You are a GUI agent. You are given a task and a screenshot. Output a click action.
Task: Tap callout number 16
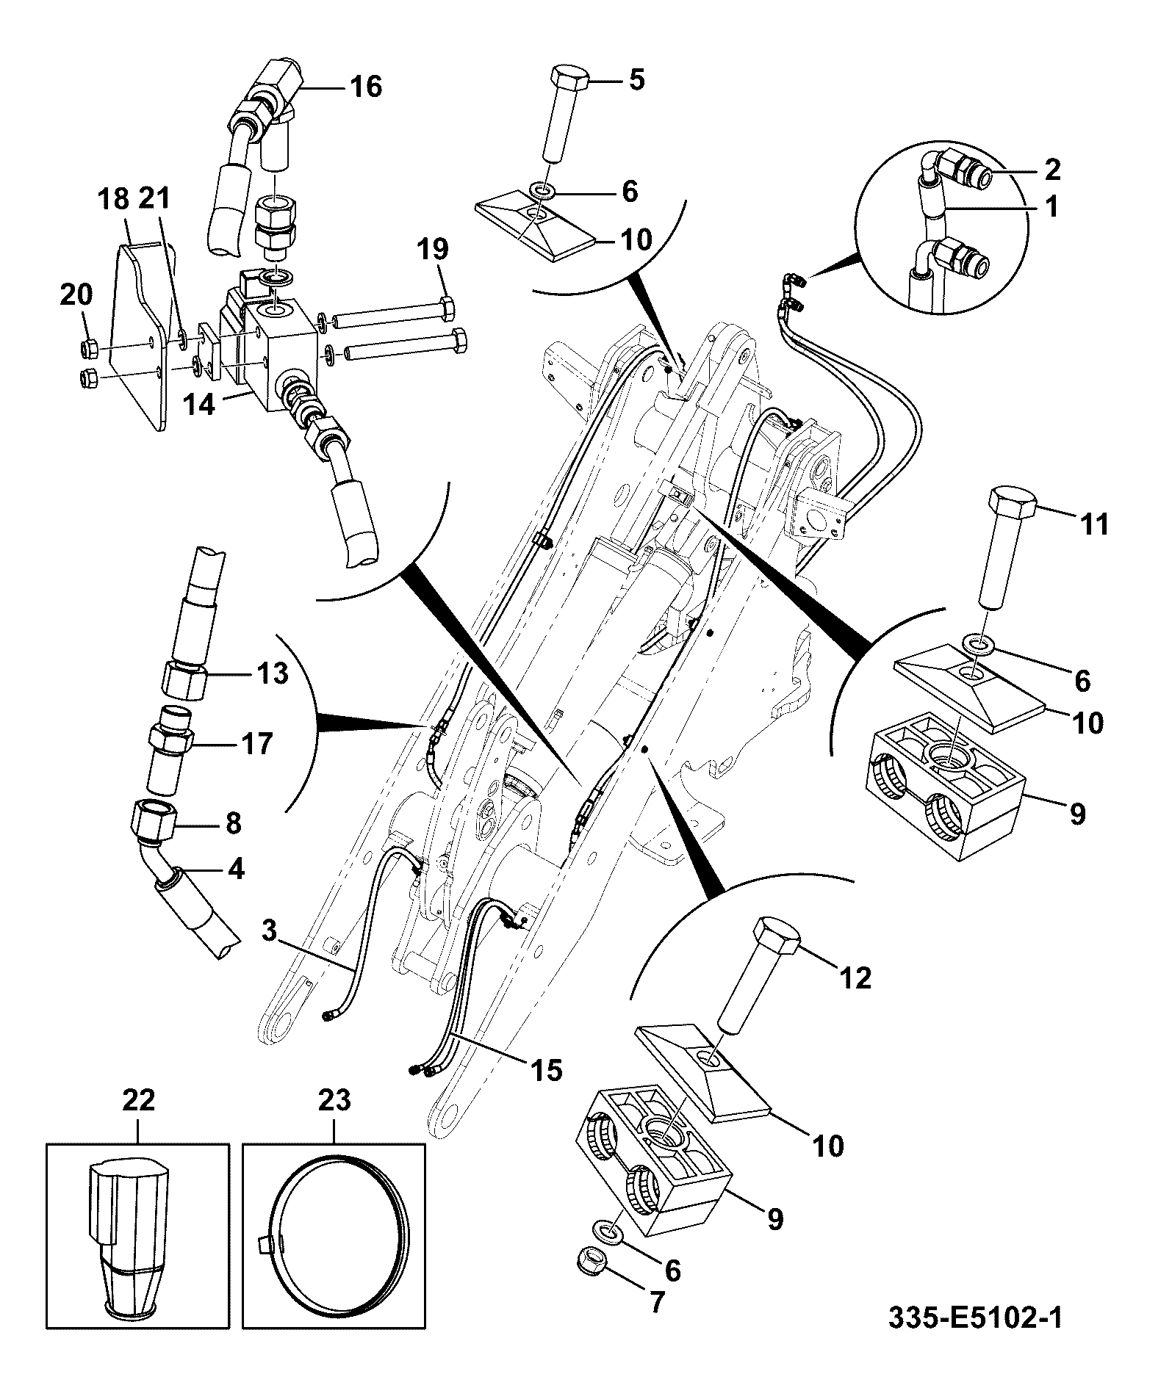click(365, 87)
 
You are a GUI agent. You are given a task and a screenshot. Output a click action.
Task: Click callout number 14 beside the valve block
click(199, 405)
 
